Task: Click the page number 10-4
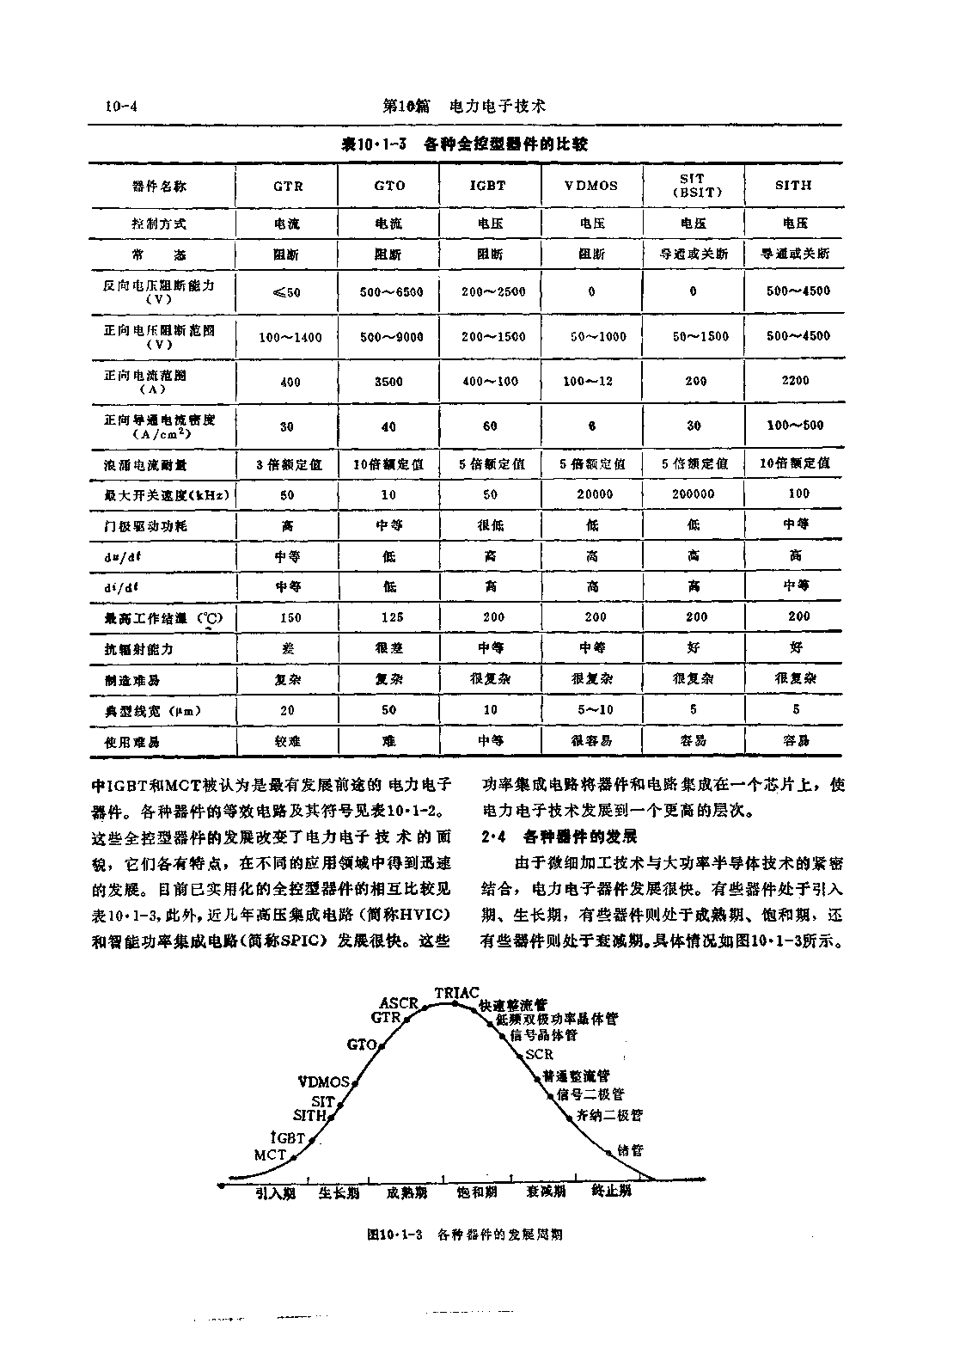[122, 107]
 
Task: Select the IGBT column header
[488, 185]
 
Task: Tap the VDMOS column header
[591, 186]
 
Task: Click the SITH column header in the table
[793, 185]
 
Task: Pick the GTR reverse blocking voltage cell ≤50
[287, 292]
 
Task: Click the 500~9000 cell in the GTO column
[392, 337]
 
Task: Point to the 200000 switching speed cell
[694, 493]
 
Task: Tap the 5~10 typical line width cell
[592, 710]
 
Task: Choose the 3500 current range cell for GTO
[388, 382]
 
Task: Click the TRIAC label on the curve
[456, 993]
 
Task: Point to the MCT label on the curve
[270, 1155]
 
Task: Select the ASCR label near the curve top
[398, 1003]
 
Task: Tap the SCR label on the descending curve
[539, 1054]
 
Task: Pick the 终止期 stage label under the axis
[612, 1192]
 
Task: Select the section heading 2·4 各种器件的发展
[559, 836]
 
